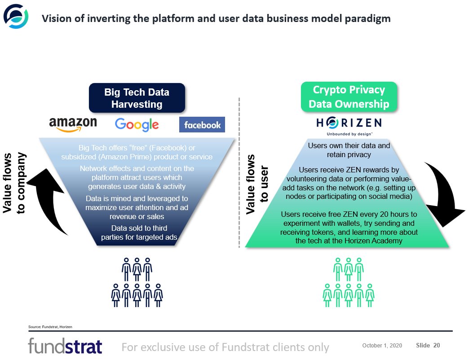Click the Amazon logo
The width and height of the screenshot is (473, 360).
pos(73,124)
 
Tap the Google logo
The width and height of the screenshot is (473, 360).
pos(137,124)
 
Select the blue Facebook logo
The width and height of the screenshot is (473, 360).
pos(202,124)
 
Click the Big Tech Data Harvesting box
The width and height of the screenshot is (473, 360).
pos(137,98)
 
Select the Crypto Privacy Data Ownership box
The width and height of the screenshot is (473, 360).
pos(349,97)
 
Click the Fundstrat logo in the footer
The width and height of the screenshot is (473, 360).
pos(65,347)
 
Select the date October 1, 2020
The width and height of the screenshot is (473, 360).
pos(382,345)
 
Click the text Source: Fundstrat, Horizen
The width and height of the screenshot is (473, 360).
pos(50,326)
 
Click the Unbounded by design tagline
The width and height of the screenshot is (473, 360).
pos(349,134)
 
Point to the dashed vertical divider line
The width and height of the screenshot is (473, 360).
pos(239,171)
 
